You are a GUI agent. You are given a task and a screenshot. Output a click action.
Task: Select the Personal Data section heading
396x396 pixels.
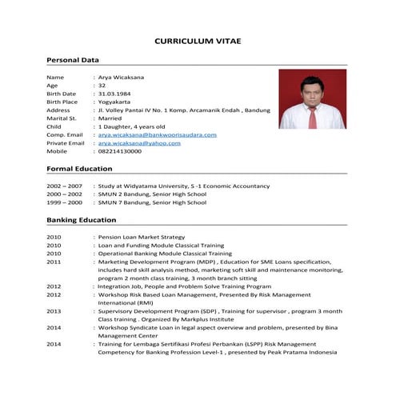[x=73, y=60]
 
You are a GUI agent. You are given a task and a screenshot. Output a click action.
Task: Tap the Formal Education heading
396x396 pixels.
[x=79, y=169]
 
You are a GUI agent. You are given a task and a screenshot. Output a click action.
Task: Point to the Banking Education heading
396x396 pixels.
[x=82, y=219]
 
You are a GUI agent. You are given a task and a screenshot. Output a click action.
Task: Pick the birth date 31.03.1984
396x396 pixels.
[x=118, y=93]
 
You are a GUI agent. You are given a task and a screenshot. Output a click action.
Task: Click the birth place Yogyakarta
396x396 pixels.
[x=118, y=102]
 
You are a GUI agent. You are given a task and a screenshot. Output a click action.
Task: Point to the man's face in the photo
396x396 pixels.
[x=310, y=90]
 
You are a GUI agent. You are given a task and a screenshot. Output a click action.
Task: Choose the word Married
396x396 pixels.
[x=113, y=118]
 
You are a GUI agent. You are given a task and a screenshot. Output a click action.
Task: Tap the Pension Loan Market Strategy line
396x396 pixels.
[x=142, y=237]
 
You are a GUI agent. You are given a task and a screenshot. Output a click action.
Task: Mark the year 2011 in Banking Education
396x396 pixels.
[x=54, y=262]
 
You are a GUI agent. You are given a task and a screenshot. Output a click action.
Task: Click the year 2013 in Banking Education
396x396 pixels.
[x=54, y=310]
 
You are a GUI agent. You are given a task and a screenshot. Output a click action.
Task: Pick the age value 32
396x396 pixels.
[x=102, y=85]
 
